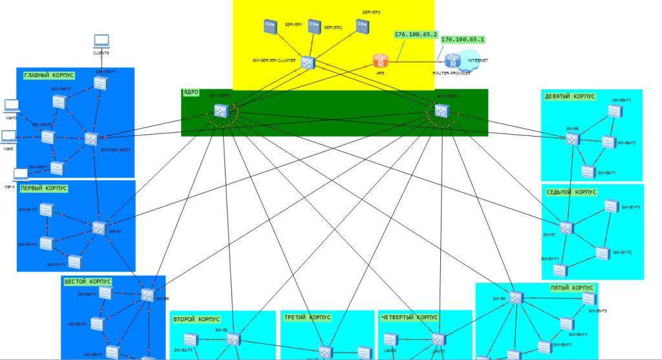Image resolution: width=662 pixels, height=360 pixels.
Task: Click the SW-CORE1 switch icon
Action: point(222,111)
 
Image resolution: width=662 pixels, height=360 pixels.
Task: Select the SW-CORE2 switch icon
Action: point(442,111)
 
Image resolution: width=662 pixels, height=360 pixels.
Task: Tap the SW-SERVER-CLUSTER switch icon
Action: point(306,62)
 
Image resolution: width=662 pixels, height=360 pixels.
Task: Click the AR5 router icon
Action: point(380,61)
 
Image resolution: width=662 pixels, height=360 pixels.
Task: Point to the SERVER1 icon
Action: point(270,27)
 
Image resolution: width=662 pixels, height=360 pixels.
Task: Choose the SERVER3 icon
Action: point(361,27)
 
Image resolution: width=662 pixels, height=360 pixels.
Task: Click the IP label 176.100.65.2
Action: point(416,34)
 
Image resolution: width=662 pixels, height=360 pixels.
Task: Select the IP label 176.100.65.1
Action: point(462,39)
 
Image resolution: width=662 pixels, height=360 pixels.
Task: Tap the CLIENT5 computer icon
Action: point(101,41)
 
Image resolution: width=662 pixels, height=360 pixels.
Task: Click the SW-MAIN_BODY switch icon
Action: point(91,139)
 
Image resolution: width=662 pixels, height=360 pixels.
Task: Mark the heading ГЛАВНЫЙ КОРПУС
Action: point(48,76)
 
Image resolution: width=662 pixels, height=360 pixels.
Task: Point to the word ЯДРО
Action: point(191,93)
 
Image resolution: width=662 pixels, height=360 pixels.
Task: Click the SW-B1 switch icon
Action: point(98,228)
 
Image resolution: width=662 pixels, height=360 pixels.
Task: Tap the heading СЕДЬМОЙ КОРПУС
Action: point(571,192)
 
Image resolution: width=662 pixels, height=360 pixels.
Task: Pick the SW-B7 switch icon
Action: point(566,228)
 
